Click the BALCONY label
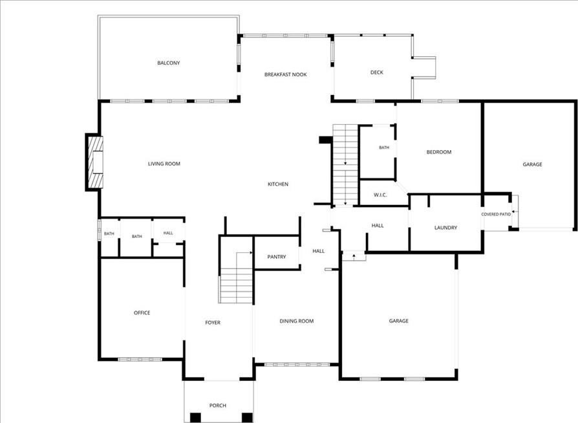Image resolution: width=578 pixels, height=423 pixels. pyautogui.click(x=169, y=63)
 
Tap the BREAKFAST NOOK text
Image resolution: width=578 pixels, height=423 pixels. pyautogui.click(x=285, y=74)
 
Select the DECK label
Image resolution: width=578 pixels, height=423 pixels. pyautogui.click(x=377, y=72)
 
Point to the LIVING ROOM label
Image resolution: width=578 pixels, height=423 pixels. pyautogui.click(x=164, y=164)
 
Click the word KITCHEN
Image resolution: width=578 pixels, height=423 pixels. pyautogui.click(x=278, y=184)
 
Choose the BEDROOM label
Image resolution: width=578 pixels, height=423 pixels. pyautogui.click(x=438, y=152)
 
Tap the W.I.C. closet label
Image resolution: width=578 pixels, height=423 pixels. pyautogui.click(x=380, y=195)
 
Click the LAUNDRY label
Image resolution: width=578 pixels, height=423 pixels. pyautogui.click(x=445, y=228)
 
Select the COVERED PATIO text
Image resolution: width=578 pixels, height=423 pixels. pyautogui.click(x=496, y=214)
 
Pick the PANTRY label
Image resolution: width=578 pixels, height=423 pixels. pyautogui.click(x=277, y=257)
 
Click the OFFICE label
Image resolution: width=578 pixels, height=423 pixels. pyautogui.click(x=142, y=313)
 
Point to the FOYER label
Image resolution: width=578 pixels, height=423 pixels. pyautogui.click(x=213, y=323)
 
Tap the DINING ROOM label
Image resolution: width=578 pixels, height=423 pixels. pyautogui.click(x=296, y=321)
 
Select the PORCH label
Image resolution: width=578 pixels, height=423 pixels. pyautogui.click(x=217, y=406)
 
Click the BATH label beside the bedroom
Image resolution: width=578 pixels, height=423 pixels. pyautogui.click(x=384, y=147)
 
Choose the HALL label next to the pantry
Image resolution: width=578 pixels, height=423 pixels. pyautogui.click(x=319, y=251)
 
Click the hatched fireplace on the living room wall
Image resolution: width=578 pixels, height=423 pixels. pyautogui.click(x=95, y=162)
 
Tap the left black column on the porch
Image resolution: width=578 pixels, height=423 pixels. pyautogui.click(x=195, y=417)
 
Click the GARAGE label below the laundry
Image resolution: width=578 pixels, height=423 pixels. pyautogui.click(x=398, y=321)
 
